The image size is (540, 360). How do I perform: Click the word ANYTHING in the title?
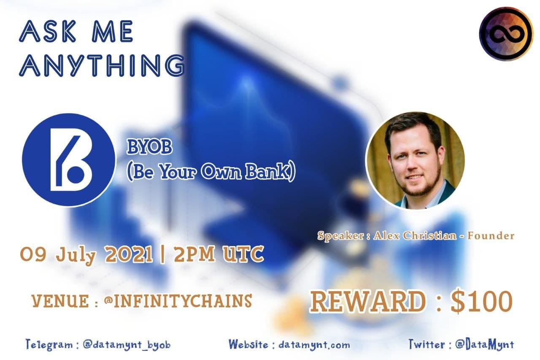click(102, 65)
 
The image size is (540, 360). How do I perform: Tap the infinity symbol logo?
click(506, 33)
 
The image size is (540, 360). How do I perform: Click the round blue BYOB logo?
click(69, 160)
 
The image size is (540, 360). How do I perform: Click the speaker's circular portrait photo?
click(415, 160)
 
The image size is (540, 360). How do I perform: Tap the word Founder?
click(491, 235)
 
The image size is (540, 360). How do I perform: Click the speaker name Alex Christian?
click(415, 235)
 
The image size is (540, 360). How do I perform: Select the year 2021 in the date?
click(129, 254)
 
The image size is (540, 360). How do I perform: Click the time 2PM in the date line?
click(194, 254)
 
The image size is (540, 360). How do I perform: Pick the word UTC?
click(243, 254)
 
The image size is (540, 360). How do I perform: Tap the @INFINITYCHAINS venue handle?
click(178, 301)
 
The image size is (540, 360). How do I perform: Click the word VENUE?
click(60, 301)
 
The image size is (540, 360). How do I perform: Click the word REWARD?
click(367, 301)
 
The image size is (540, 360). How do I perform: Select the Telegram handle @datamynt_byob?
click(127, 345)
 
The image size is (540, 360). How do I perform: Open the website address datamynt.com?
click(314, 345)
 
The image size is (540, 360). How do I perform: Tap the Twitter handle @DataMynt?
click(485, 344)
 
